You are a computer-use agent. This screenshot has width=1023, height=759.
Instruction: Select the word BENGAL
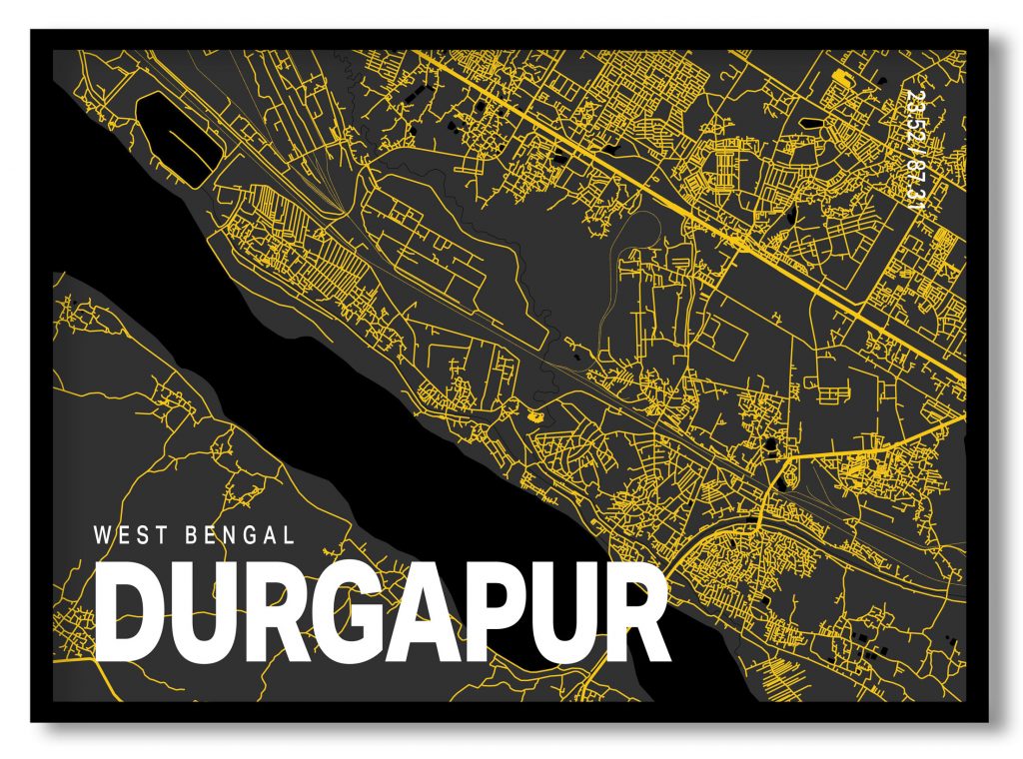coord(240,535)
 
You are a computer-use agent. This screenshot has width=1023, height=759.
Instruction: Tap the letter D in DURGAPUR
coord(130,612)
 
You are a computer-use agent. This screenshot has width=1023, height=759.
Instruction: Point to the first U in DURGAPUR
coord(201,612)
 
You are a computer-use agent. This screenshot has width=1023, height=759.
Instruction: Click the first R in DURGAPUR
coord(271,612)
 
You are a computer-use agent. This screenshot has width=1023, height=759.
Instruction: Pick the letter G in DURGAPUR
coord(344,612)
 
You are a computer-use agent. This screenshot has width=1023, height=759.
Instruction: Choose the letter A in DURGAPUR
coord(419,612)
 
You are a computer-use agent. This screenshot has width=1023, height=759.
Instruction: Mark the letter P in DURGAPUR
coord(489,612)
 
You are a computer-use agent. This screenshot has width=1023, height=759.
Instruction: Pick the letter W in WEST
coord(102,535)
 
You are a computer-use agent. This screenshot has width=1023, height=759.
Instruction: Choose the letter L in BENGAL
coord(288,535)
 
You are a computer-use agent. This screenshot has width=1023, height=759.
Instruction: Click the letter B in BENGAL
coord(192,535)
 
